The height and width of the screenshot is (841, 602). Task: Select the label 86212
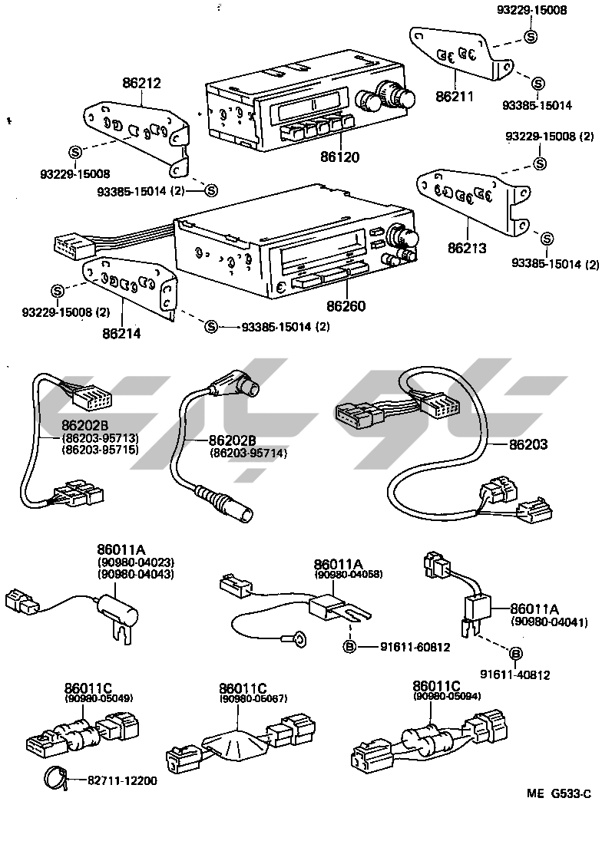pyautogui.click(x=141, y=83)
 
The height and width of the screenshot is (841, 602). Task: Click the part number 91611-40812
pyautogui.click(x=515, y=674)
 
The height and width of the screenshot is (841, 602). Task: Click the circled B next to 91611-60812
pyautogui.click(x=349, y=647)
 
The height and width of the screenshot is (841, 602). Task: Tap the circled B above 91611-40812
pyautogui.click(x=516, y=654)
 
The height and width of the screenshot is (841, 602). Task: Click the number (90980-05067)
pyautogui.click(x=242, y=698)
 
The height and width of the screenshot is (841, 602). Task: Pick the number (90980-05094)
pyautogui.click(x=436, y=696)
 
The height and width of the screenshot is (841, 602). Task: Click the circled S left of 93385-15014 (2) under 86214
pyautogui.click(x=211, y=328)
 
